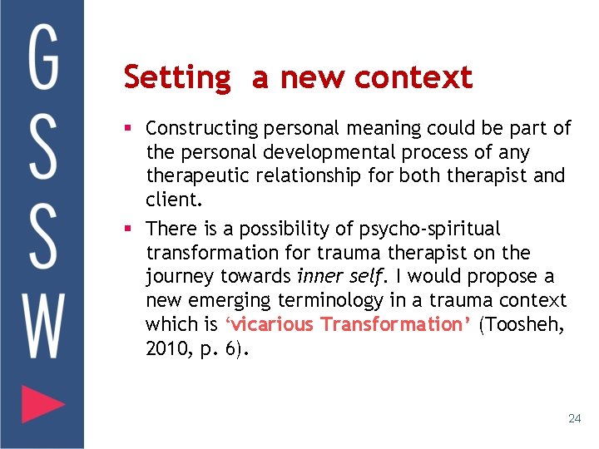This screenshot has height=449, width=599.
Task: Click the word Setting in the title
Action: click(176, 78)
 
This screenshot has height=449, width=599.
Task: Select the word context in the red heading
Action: click(413, 78)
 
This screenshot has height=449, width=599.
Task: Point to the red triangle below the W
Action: click(42, 405)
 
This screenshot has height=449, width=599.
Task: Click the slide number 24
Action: click(574, 418)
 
